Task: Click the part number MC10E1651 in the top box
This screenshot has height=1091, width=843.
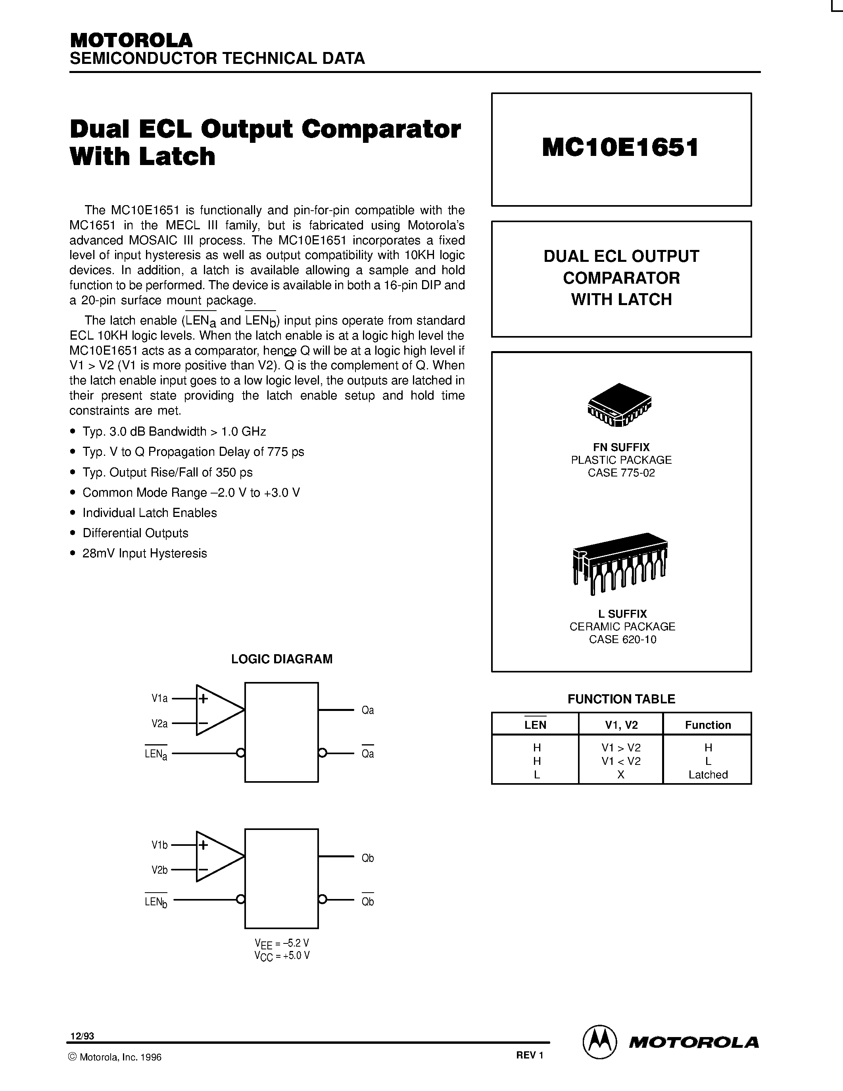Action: [x=620, y=148]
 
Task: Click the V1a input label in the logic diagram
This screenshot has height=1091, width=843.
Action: [x=159, y=698]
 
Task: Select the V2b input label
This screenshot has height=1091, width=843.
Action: [x=159, y=870]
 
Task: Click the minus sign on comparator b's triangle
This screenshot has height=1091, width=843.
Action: [x=203, y=870]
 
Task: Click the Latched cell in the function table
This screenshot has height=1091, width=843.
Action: [x=708, y=774]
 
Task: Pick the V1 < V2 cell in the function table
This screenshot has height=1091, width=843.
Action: [x=621, y=761]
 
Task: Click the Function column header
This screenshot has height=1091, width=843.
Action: [x=708, y=725]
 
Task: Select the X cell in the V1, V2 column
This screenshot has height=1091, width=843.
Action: [x=621, y=774]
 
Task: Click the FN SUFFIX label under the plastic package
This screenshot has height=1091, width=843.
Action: [x=621, y=447]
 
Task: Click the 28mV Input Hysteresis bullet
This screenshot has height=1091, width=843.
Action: [x=144, y=553]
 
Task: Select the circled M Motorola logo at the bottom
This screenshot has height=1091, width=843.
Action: [x=599, y=1042]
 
